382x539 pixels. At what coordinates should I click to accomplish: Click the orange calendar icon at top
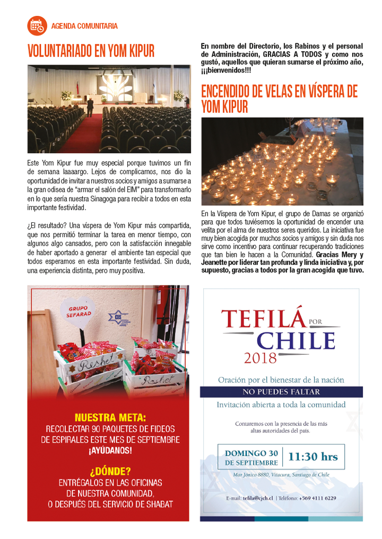tap(37, 25)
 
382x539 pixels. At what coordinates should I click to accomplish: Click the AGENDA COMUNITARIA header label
tap(84, 26)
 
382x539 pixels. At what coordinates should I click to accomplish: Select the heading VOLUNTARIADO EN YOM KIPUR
tap(91, 51)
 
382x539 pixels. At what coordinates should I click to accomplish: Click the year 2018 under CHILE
tap(261, 358)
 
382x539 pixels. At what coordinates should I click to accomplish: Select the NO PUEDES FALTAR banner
tap(281, 392)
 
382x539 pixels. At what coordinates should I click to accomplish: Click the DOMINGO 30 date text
tap(251, 453)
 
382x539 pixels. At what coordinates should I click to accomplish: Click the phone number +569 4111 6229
tap(317, 498)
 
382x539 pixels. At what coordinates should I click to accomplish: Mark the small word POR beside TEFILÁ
tap(317, 321)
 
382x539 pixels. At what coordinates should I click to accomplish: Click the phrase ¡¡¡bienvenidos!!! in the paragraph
tap(225, 70)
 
